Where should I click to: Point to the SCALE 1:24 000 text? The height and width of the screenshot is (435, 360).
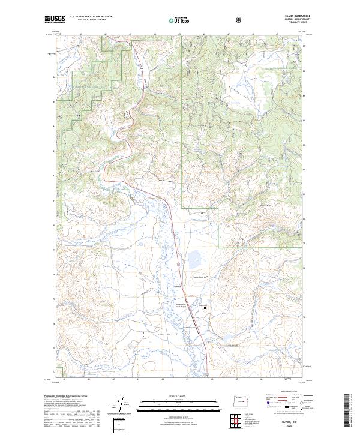click(x=174, y=397)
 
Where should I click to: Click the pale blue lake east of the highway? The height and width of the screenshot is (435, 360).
click(x=195, y=259)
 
